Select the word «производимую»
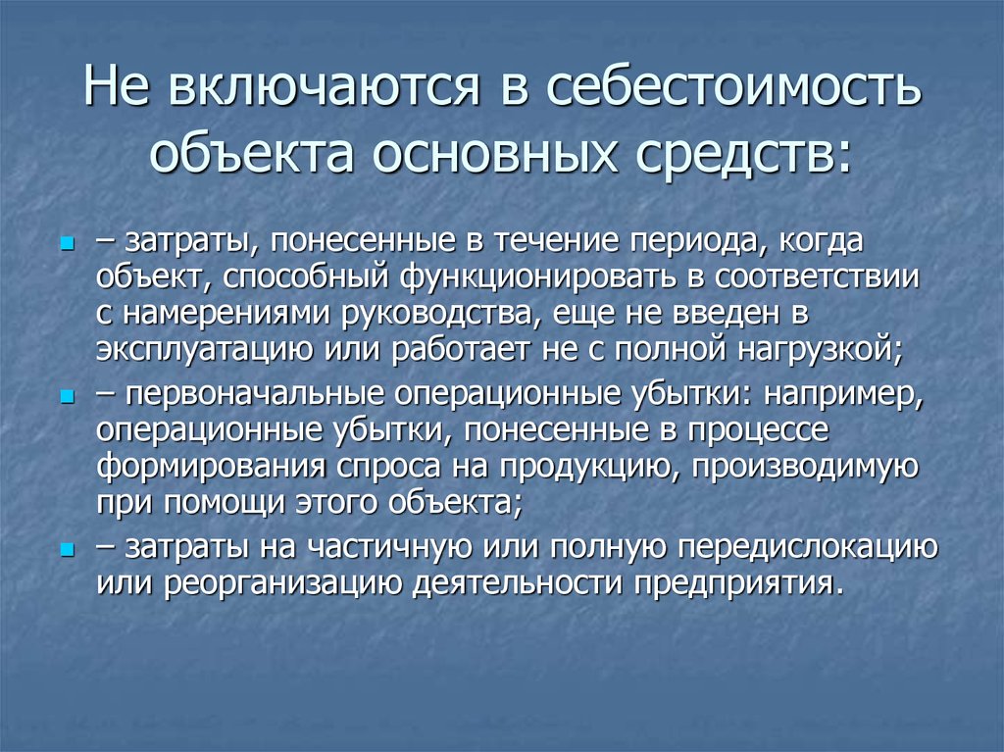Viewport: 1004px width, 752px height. (805, 467)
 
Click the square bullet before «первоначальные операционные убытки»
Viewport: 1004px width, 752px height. (68, 398)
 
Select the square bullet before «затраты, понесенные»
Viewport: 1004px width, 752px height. (68, 244)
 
